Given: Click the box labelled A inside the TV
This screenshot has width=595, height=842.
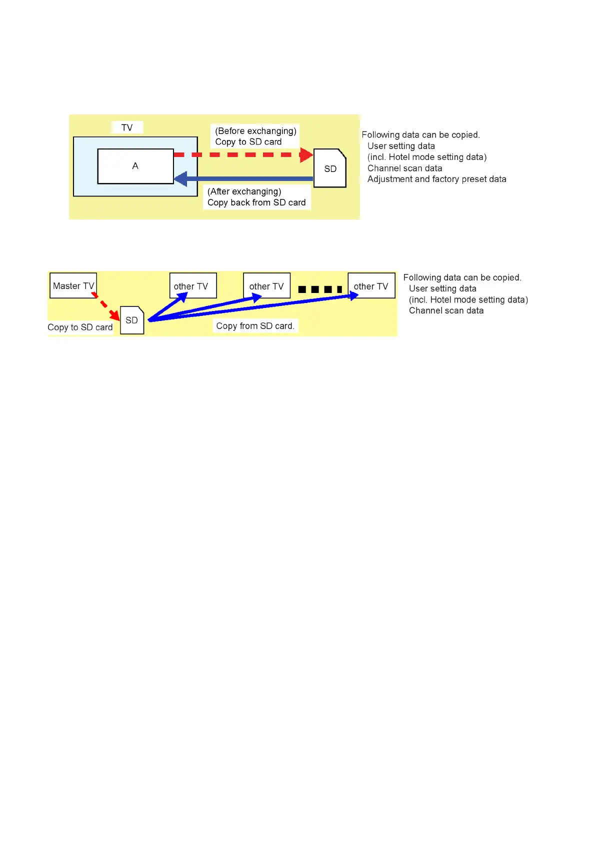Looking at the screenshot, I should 135,166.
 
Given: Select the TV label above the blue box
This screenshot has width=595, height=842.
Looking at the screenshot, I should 127,127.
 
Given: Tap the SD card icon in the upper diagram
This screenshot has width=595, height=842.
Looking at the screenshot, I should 330,168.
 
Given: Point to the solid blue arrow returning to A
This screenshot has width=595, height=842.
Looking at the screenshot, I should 245,178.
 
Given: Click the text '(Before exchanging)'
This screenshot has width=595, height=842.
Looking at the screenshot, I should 255,131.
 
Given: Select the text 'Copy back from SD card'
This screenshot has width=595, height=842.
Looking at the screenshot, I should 256,202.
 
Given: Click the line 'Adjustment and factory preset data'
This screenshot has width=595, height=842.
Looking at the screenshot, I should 436,179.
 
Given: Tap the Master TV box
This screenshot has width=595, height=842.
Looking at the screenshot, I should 73,285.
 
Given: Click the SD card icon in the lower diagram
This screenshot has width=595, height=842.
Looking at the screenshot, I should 132,320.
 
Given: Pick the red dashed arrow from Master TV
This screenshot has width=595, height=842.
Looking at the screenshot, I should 106,305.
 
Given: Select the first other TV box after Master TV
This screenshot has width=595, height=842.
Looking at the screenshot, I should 193,285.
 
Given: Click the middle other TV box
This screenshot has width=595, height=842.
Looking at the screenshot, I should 266,285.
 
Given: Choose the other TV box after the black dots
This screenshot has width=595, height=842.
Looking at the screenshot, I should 371,285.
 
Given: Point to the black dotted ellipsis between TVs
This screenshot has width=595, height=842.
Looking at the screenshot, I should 320,289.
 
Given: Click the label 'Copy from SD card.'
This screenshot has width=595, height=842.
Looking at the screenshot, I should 255,326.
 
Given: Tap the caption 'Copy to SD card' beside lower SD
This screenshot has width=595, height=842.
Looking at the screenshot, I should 80,327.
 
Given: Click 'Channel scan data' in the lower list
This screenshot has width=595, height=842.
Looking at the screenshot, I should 446,310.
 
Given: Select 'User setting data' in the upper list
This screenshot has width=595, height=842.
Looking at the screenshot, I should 401,146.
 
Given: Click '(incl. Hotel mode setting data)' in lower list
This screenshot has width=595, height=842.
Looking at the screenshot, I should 468,299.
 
